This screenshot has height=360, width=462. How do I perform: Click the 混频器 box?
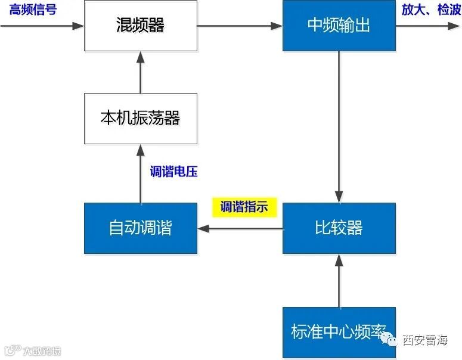(141, 26)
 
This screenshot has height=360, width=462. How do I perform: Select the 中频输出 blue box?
(339, 26)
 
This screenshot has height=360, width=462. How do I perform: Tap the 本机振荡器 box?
(141, 118)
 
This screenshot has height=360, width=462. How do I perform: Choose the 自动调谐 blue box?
(141, 228)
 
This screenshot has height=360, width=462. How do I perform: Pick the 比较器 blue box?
(339, 228)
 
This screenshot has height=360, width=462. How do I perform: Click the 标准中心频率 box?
(339, 331)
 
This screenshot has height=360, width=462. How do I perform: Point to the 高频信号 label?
(33, 10)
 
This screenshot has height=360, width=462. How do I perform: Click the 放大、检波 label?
(430, 10)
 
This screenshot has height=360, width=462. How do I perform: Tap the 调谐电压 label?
(173, 172)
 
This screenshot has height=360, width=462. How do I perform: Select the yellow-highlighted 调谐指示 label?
(244, 207)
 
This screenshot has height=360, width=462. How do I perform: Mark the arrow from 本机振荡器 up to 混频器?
(141, 72)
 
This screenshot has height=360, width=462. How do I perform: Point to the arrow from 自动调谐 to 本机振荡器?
(141, 173)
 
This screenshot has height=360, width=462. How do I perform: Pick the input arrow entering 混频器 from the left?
(42, 26)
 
